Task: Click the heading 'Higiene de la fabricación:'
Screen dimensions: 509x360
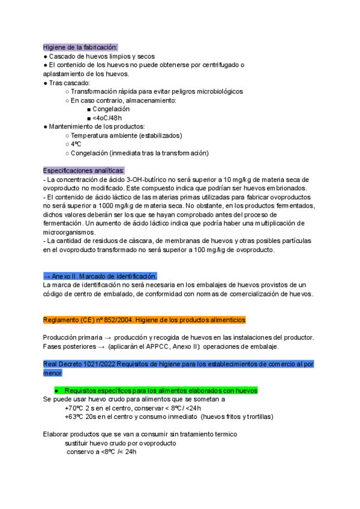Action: [x=80, y=47]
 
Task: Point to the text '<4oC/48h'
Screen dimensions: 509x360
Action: [x=109, y=118]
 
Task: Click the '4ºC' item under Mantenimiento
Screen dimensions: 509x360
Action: [x=76, y=144]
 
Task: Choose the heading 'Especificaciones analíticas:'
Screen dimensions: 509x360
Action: [x=83, y=170]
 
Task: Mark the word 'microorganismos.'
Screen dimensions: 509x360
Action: [x=70, y=232]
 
